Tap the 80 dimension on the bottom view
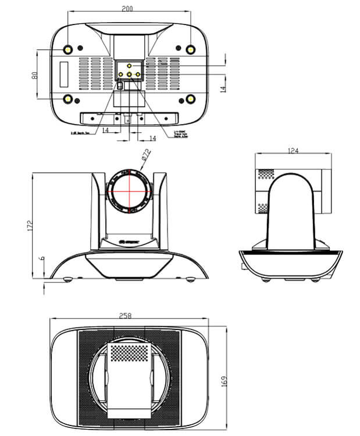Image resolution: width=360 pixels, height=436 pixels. pos(35,75)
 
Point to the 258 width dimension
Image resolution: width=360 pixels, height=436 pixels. pos(124,316)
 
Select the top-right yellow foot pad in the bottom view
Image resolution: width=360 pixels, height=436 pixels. pos(190,49)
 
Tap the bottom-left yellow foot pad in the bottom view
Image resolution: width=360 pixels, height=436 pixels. pos(68,100)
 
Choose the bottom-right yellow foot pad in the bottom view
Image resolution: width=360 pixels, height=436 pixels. pos(190,100)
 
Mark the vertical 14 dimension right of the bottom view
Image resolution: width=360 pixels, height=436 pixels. pos(223,88)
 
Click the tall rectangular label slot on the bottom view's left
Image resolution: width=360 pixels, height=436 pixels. pos(63,74)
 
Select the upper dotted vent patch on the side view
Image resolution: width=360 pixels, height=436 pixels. pos(265,173)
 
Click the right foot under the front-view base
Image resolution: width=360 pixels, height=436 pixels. pos(190,281)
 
